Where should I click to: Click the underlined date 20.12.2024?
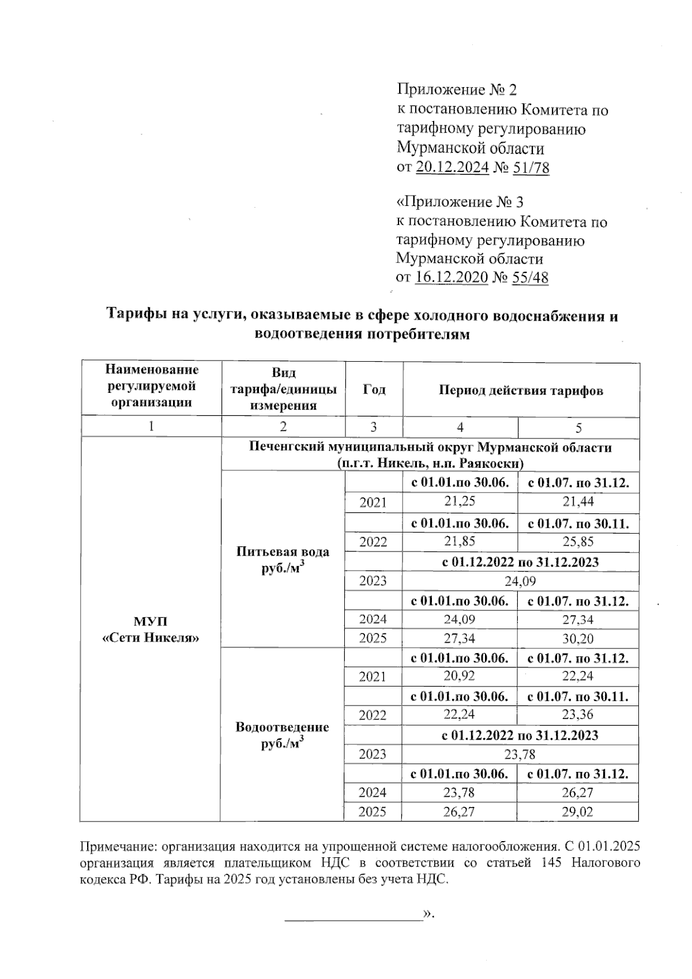[x=453, y=168]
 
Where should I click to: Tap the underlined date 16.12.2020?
[x=452, y=278]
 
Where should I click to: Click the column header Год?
[x=374, y=390]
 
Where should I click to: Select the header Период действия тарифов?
[x=521, y=391]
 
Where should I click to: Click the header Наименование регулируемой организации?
[x=151, y=386]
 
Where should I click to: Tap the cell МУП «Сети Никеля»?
[x=151, y=629]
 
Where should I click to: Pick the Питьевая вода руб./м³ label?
[x=283, y=559]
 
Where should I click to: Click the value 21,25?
[x=460, y=502]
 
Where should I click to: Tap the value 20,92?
[x=460, y=676]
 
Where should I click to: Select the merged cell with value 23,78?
[x=520, y=754]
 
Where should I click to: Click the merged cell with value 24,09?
[x=520, y=581]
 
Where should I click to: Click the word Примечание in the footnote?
[x=118, y=847]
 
